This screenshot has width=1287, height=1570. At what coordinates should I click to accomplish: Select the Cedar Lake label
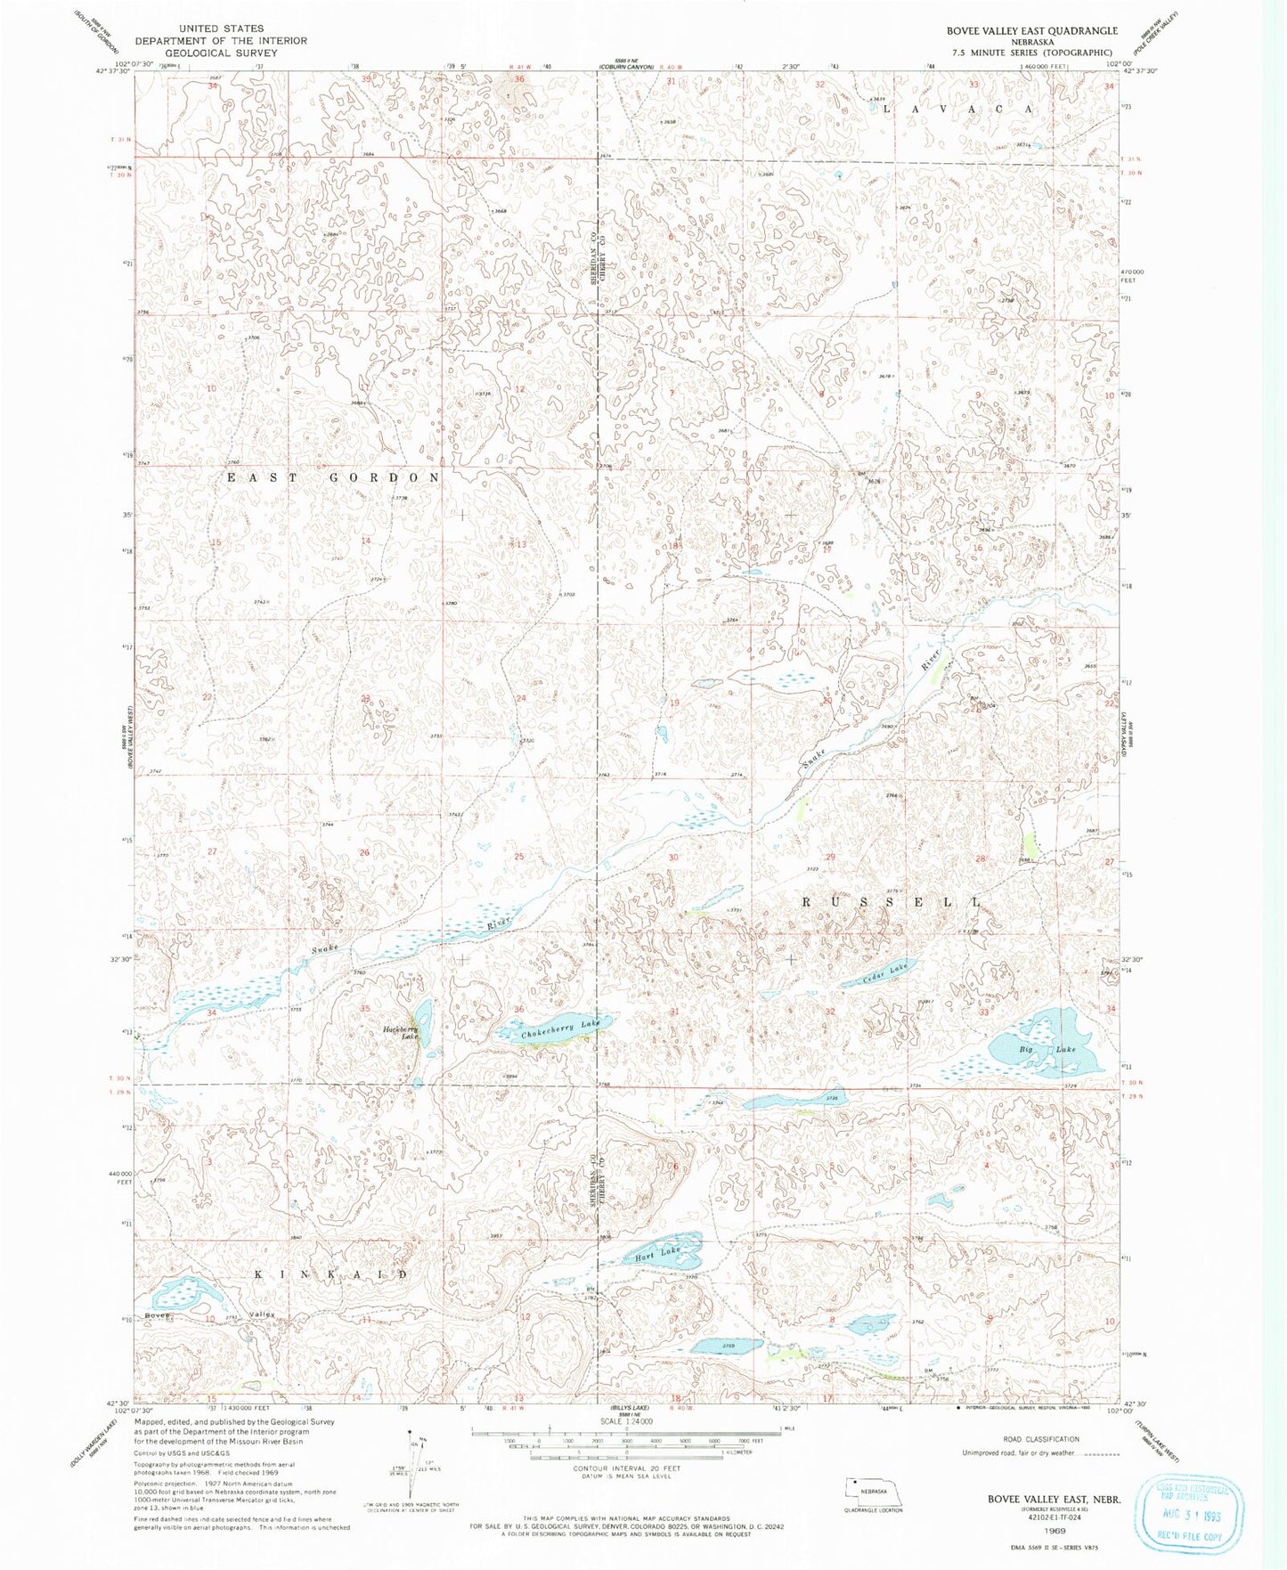[x=886, y=973]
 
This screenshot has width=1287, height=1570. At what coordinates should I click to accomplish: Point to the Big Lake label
[x=1048, y=1050]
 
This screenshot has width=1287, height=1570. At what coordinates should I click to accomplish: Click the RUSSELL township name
[x=892, y=902]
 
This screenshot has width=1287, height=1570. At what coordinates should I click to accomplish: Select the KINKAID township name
[x=331, y=1274]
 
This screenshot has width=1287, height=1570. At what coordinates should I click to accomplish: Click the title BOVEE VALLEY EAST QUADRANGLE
[x=1031, y=31]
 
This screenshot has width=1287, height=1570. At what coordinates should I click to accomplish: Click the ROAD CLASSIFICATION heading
[x=1040, y=1439]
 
